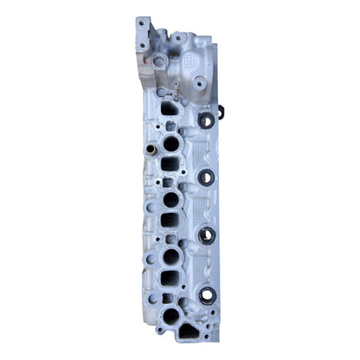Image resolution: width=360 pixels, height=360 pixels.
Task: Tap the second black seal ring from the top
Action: coord(206,177)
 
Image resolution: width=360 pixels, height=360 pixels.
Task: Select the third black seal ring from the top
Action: coord(207,235)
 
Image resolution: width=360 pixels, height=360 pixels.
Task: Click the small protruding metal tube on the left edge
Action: coord(150,150)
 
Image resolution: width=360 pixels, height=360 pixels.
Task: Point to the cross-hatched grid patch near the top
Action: coord(192,61)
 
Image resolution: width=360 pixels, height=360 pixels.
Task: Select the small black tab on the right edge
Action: coord(221,111)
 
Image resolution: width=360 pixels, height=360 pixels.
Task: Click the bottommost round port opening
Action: coord(170,315)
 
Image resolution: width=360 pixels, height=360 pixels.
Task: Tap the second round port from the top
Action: coord(171,199)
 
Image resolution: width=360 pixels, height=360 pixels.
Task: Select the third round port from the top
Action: coord(171,257)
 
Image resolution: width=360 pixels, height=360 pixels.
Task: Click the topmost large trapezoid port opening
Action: coord(169,110)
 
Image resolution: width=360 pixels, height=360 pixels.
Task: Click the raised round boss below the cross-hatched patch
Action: coord(199,84)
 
